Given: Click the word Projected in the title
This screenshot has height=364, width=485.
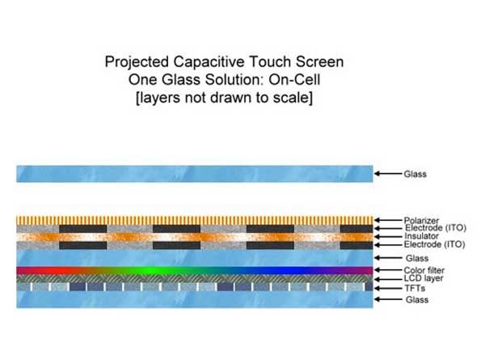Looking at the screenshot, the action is [137, 62].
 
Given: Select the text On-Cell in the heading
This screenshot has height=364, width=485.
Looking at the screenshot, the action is [294, 79].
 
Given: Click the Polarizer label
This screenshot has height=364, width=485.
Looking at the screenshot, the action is [421, 220].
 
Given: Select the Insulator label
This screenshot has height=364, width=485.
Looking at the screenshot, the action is [421, 236].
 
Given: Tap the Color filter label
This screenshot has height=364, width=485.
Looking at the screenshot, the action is [424, 270].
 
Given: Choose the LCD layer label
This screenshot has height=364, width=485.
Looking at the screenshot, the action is [424, 278].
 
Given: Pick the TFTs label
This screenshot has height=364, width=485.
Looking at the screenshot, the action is [415, 289].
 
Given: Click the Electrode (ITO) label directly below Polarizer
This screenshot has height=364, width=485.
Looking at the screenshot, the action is [436, 228].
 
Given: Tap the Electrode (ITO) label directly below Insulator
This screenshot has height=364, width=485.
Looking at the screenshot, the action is [435, 244].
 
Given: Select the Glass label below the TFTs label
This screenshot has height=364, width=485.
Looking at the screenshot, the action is [417, 299].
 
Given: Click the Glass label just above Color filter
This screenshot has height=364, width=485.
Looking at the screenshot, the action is [417, 258].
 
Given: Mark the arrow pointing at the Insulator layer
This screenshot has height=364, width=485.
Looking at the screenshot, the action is [388, 237].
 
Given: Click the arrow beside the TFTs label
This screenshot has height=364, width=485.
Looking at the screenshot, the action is [388, 289].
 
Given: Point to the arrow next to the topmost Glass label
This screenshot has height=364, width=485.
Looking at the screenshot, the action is [388, 173].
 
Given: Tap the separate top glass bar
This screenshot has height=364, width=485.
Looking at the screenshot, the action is [195, 174].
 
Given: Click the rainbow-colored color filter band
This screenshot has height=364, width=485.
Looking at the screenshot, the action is [195, 270].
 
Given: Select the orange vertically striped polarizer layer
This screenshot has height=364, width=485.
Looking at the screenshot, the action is [195, 220].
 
